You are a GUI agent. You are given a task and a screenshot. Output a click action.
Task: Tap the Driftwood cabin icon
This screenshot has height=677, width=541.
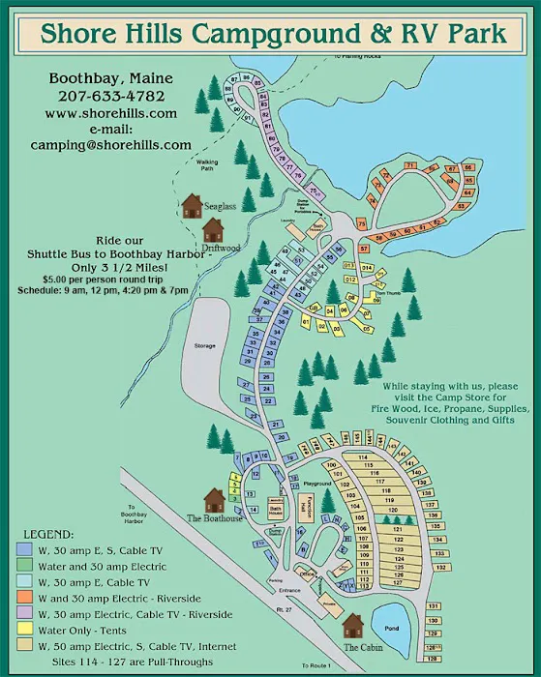pos(213,229)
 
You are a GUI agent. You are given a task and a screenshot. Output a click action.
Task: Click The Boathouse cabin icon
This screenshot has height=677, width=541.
pos(213,500)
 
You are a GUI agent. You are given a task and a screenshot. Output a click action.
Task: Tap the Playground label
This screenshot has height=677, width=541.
pos(317,483)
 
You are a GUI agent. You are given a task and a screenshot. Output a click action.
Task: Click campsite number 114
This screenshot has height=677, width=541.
pos(364,456)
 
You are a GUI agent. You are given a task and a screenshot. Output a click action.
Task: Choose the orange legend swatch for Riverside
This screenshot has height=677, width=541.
pos(26,599)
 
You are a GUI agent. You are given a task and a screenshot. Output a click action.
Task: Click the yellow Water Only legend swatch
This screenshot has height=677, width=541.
pos(26,631)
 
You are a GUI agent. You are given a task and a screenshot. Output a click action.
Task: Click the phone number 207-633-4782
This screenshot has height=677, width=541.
pos(110,96)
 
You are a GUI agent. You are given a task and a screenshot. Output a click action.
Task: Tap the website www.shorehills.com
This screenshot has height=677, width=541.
pos(110,112)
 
